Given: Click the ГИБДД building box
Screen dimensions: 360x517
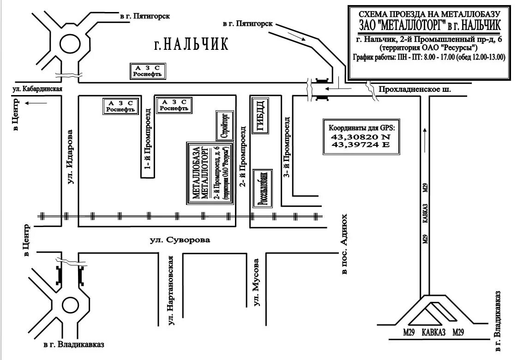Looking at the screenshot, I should tap(260, 115).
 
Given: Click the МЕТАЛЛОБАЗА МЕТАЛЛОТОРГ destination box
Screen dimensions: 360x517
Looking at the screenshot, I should tap(210, 173).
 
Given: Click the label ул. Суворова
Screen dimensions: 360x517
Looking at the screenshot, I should tap(180, 240).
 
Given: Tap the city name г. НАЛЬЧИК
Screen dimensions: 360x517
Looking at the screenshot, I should tap(191, 44).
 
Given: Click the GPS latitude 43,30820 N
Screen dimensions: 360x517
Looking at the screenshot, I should tap(361, 137).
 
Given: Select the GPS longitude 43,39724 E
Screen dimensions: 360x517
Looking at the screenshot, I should tap(361, 145).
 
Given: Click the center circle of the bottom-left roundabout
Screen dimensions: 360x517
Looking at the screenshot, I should tap(70, 305).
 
